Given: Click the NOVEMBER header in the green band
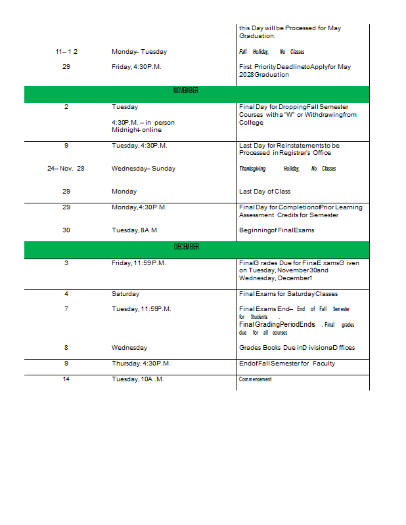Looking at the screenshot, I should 186,91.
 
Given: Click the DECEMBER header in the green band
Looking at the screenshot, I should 186,247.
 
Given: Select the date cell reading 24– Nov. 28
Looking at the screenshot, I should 66,169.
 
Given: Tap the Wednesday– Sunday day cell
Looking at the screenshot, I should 143,169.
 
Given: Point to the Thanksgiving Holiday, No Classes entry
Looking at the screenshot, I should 287,169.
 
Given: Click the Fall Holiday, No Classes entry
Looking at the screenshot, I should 271,52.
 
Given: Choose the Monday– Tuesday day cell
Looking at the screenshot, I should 139,52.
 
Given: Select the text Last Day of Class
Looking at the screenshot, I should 265,192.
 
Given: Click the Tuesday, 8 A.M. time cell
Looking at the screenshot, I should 135,230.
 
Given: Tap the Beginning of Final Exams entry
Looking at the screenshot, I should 277,230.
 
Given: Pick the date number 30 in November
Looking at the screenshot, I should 66,230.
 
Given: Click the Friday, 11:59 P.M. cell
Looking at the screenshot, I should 138,262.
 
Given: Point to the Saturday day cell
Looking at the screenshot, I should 125,294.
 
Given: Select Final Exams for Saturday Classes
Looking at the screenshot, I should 288,294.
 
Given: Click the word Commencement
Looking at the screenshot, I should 255,379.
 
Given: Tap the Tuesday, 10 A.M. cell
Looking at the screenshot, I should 138,379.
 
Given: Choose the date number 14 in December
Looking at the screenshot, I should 66,379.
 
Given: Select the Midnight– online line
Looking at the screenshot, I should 137,130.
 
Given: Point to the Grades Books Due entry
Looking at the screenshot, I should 297,348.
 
